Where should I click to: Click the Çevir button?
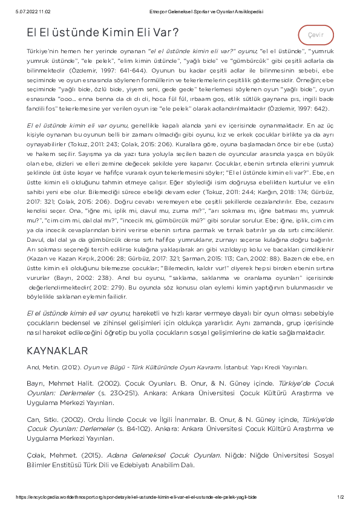(x=316, y=35)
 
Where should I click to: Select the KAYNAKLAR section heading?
(x=57, y=351)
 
